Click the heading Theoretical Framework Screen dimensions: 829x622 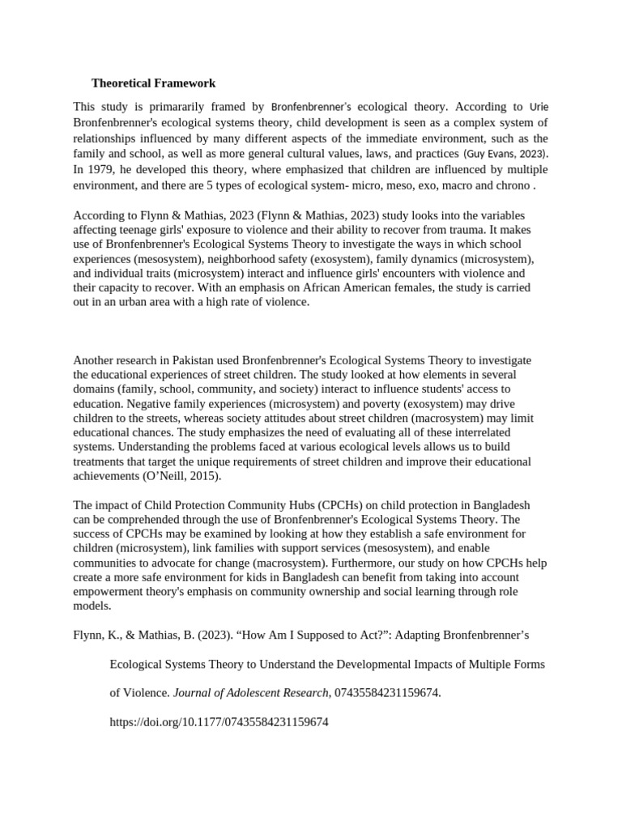[x=154, y=83]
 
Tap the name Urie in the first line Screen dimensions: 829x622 [x=539, y=106]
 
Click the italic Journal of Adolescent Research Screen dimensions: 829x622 [x=235, y=693]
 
